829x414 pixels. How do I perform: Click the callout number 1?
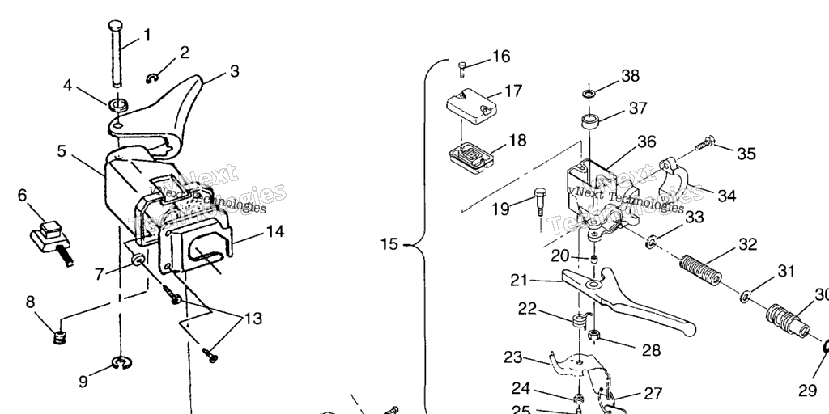pyautogui.click(x=147, y=35)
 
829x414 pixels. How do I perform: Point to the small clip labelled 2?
pyautogui.click(x=153, y=77)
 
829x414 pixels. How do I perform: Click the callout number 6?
pyautogui.click(x=22, y=195)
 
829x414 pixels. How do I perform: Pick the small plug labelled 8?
pyautogui.click(x=57, y=336)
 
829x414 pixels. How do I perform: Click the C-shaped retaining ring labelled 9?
pyautogui.click(x=122, y=366)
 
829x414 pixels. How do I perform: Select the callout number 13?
pyautogui.click(x=253, y=319)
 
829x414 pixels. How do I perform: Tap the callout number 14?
pyautogui.click(x=274, y=232)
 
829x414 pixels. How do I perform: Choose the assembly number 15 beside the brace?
pyautogui.click(x=390, y=243)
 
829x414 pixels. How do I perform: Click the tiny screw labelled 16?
pyautogui.click(x=462, y=64)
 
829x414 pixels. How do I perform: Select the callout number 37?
pyautogui.click(x=638, y=108)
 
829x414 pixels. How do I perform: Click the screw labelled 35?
pyautogui.click(x=703, y=145)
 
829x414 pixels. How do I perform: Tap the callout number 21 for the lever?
pyautogui.click(x=518, y=281)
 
